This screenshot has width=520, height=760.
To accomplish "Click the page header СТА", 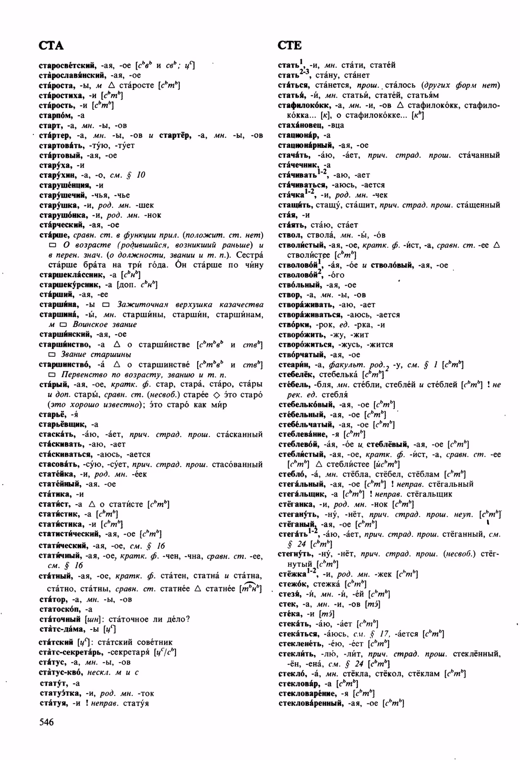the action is pos(51,45).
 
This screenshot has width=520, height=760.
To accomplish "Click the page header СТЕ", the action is pos(290,45).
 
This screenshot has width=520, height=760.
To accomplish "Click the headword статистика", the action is pos(61,524).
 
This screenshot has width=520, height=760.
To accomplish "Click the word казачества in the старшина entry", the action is pos(242,305).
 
